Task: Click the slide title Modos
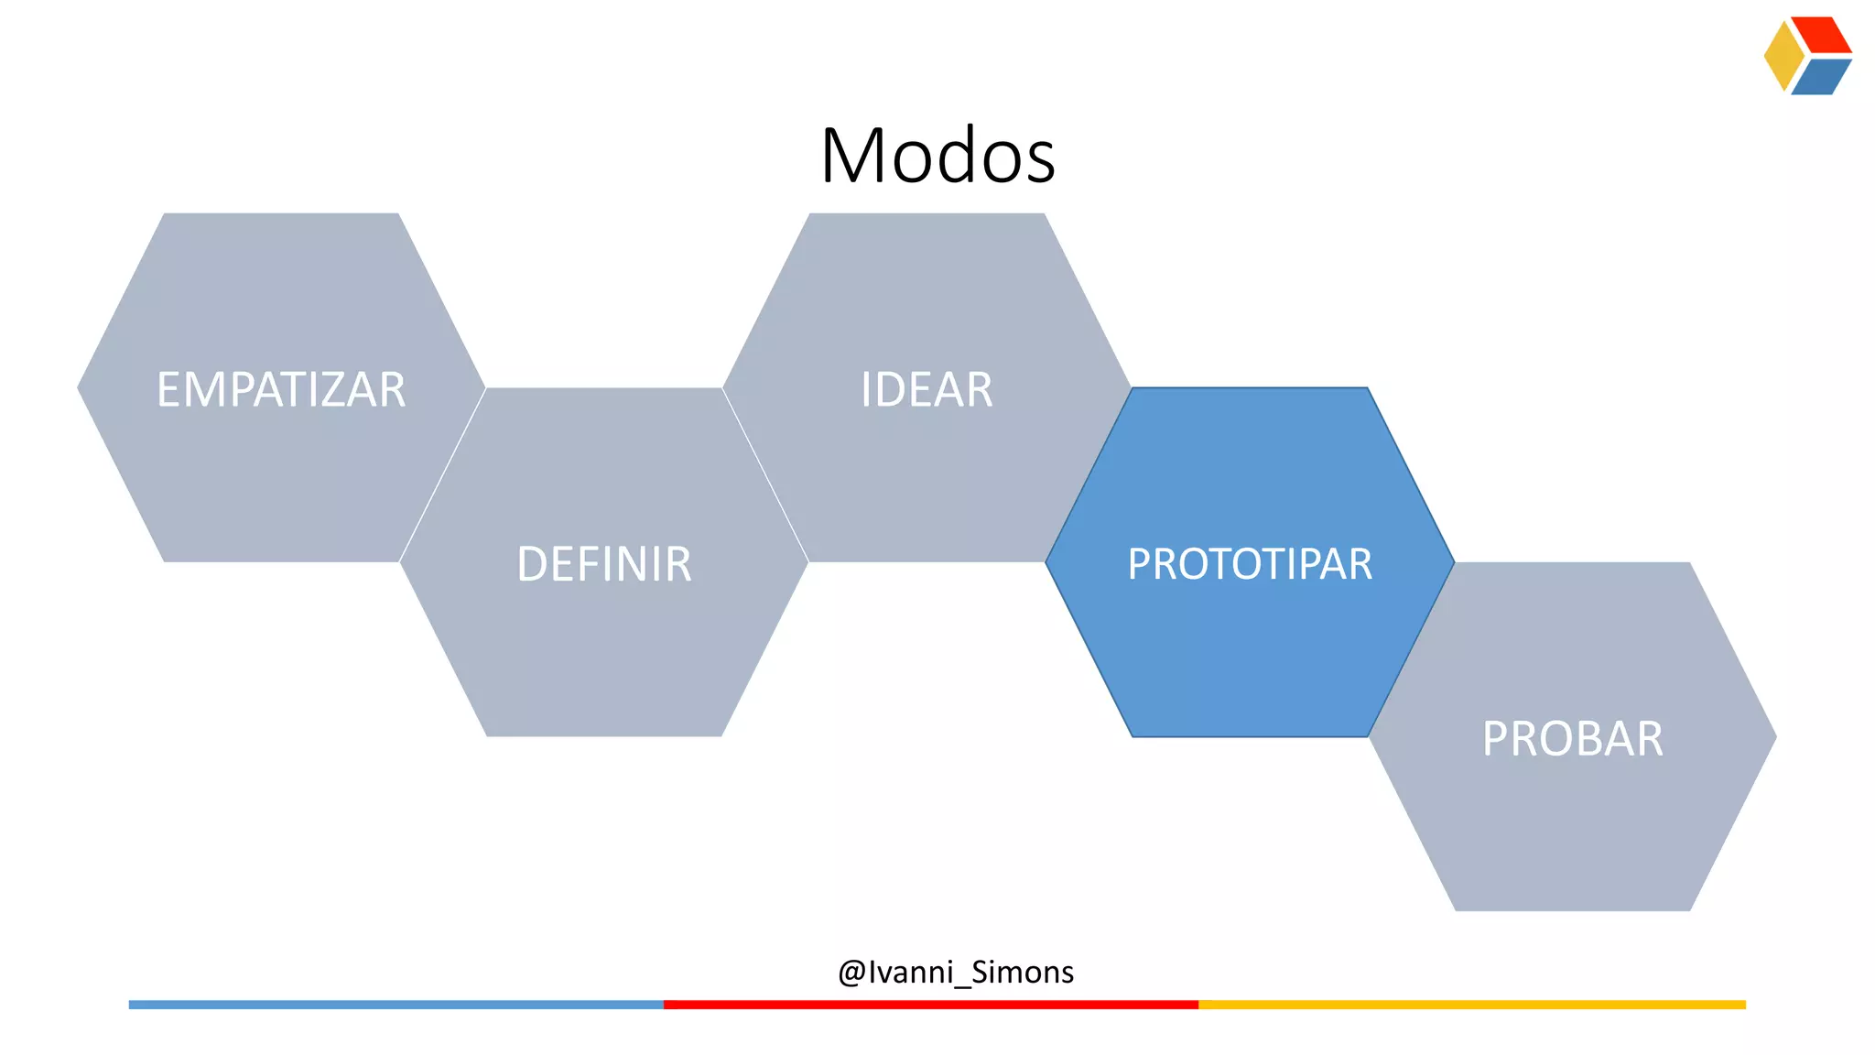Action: coord(937,156)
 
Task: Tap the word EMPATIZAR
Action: coord(281,389)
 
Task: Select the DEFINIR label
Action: coord(604,564)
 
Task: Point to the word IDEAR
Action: coord(927,389)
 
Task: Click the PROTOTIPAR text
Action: coord(1250,564)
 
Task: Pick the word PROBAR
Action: coord(1572,739)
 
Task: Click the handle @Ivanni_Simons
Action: coord(956,972)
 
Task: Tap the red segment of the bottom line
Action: coord(930,1005)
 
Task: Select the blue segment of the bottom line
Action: coord(396,1005)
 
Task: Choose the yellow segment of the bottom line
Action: coord(1472,1005)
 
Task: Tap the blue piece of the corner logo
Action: coord(1822,77)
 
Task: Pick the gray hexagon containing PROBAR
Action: coord(1572,824)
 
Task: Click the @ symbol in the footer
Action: coord(851,973)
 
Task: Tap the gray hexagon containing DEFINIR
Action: coord(604,650)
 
